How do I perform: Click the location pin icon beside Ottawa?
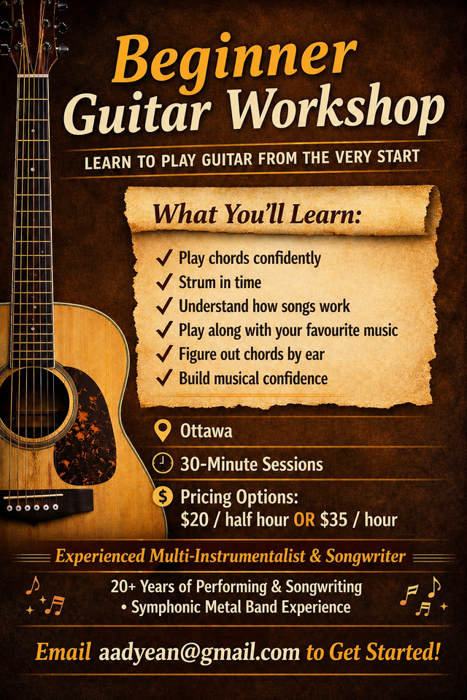tap(163, 431)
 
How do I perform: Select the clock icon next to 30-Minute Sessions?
tap(163, 463)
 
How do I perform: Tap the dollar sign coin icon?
tap(163, 497)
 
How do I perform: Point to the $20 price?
tap(195, 520)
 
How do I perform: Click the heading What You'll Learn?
tap(257, 214)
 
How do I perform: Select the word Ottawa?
tap(207, 431)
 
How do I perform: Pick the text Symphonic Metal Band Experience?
tap(241, 607)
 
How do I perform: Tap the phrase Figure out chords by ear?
tap(252, 354)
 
